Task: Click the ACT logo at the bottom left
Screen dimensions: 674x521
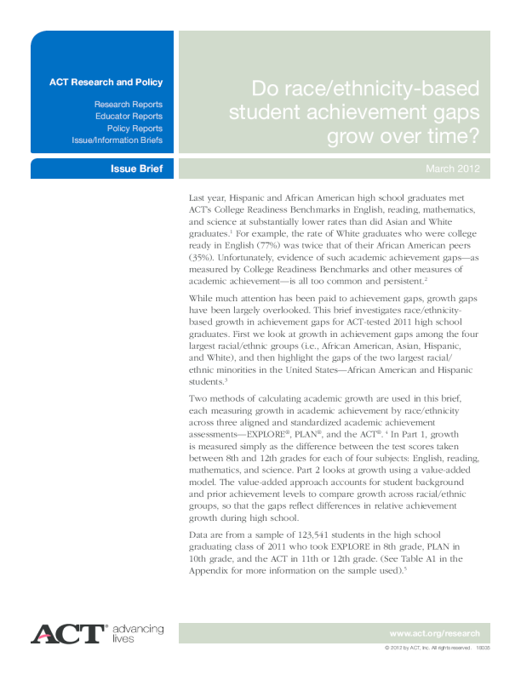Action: point(68,634)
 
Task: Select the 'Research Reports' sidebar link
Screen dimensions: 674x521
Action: point(129,104)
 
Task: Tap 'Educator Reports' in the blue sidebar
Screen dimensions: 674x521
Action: point(129,116)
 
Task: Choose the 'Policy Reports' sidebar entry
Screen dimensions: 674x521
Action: point(135,128)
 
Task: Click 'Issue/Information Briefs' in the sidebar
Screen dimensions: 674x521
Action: point(117,140)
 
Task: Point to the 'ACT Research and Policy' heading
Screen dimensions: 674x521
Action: point(106,83)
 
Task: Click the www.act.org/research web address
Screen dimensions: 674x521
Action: point(434,633)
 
